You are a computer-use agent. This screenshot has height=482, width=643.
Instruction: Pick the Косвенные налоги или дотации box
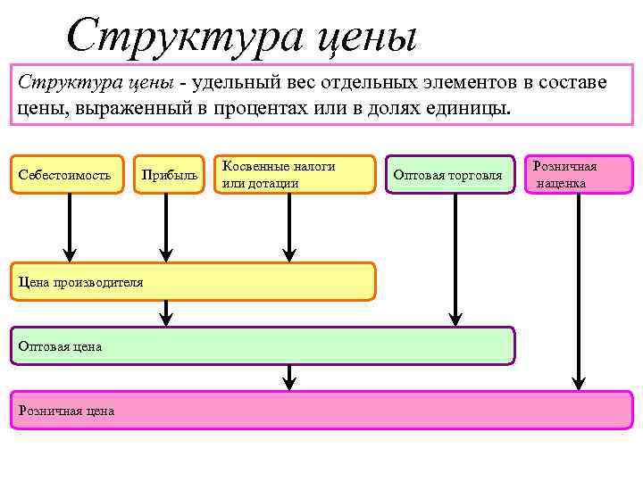point(297,174)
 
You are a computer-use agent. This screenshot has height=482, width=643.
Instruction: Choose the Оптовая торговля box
point(454,175)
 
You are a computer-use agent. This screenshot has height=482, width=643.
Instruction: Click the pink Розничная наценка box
point(579,174)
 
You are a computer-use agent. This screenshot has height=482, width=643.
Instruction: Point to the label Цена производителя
point(81,282)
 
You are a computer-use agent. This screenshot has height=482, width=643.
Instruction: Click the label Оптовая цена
point(61,346)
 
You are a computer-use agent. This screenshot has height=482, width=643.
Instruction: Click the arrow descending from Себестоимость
point(67,228)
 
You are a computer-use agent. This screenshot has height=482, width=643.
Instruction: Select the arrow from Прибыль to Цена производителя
point(165,228)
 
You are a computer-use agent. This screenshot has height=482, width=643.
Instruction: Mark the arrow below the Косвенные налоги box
point(288,228)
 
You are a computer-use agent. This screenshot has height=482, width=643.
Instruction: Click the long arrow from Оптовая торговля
point(455,259)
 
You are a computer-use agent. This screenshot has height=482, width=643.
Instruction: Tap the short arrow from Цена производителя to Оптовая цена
point(165,312)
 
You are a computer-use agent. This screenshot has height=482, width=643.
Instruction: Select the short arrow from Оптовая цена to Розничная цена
point(288,377)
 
